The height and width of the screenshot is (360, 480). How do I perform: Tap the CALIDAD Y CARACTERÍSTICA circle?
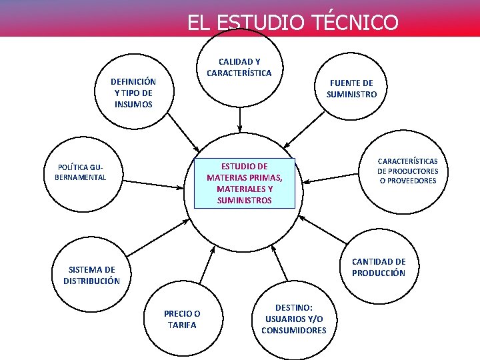pos(239,67)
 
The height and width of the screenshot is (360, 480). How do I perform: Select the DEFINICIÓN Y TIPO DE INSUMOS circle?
pos(133,93)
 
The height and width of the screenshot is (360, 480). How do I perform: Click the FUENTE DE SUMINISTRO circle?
pos(351,89)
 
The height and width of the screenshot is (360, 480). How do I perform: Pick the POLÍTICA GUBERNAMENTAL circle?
pos(80,172)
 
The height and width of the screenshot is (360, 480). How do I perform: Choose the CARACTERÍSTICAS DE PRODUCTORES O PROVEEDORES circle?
pos(407,171)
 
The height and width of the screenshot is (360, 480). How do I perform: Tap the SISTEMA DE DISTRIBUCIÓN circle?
pos(91,275)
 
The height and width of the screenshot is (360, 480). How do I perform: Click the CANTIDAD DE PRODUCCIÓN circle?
pos(378,267)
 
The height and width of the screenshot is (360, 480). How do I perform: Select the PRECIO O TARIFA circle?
pos(182,319)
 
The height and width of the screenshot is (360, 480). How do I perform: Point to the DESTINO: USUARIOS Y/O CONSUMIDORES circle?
pos(294,319)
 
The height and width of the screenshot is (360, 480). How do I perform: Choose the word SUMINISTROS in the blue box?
pos(244,200)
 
